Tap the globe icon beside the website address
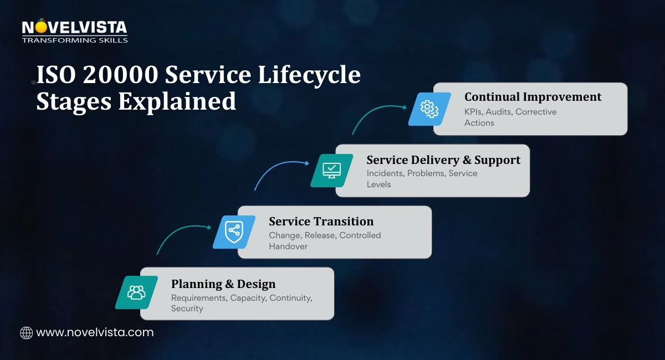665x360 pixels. coord(26,333)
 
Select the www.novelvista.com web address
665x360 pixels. coord(95,333)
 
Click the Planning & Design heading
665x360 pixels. coord(223,284)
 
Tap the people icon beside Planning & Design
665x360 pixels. coord(136,292)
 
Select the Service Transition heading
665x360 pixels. coord(321,222)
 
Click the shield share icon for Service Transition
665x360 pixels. coord(234,232)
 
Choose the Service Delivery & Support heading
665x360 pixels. coord(443,160)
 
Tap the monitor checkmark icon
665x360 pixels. coord(331,170)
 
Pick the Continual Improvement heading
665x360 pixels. coord(533,97)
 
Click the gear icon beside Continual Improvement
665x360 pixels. coord(429,109)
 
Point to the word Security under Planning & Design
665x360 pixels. coord(187,308)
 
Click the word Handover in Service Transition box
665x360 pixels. coord(288,246)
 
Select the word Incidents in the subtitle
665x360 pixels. coord(385,173)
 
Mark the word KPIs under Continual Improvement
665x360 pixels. coord(473,112)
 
